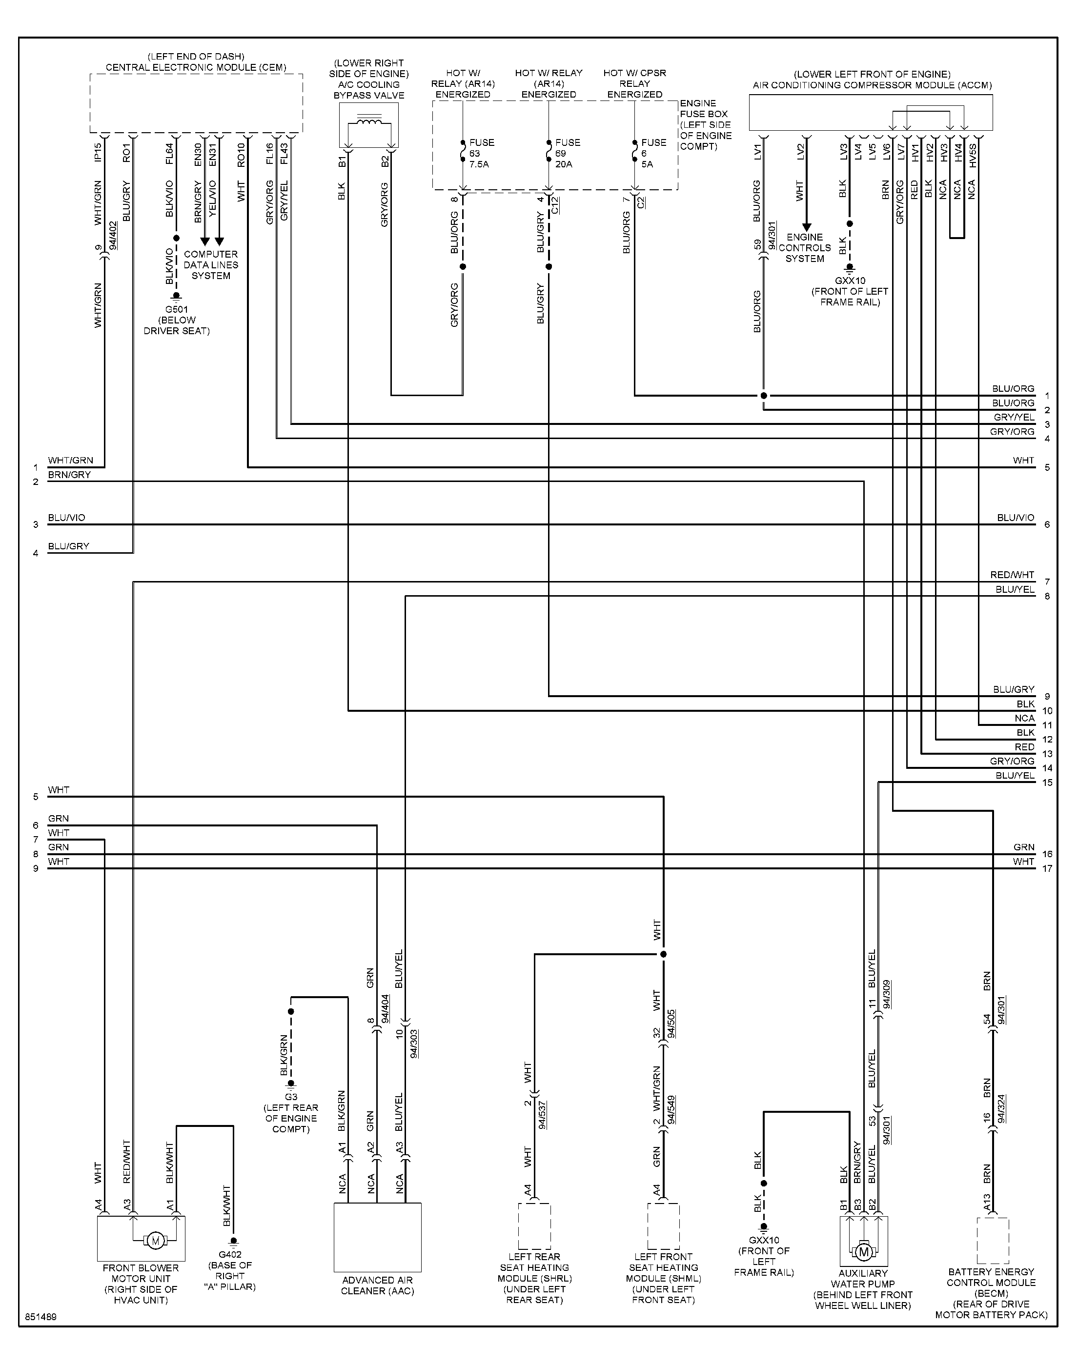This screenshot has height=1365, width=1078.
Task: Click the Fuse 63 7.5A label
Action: point(482,153)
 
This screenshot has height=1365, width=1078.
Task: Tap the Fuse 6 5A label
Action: point(653,153)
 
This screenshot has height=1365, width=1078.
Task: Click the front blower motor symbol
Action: point(155,1241)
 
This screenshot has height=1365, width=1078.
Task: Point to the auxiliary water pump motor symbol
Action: point(863,1251)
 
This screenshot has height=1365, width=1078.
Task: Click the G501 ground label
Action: point(177,320)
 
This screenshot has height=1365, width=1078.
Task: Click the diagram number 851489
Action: point(41,1317)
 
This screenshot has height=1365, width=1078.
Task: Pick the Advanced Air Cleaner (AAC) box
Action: point(377,1237)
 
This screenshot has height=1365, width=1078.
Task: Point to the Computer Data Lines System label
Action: point(211,265)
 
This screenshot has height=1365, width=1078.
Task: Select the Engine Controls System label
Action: point(805,248)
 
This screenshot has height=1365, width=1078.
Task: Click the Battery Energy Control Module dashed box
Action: point(992,1241)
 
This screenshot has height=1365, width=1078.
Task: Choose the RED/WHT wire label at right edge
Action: point(1012,575)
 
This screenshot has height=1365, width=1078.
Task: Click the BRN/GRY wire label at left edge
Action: point(69,474)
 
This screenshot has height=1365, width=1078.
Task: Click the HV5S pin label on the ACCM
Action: point(973,155)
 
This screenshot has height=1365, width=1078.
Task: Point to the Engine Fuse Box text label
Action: point(706,124)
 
